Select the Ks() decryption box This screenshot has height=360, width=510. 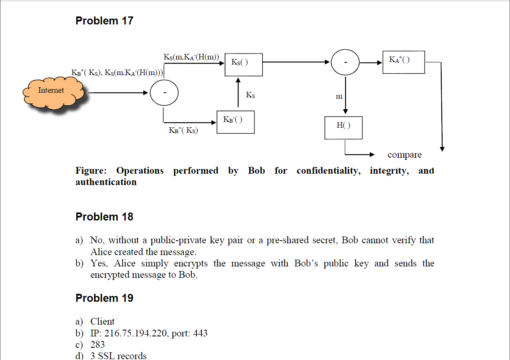coord(243,64)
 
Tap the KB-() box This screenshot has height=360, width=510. coord(235,122)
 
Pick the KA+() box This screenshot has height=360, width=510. coord(403,62)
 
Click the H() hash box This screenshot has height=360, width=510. coord(343,128)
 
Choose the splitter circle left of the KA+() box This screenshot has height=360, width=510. coord(345,62)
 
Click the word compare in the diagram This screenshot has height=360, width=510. coord(404,155)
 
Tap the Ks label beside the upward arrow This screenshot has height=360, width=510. coord(250,95)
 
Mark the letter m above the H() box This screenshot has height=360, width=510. coord(339,97)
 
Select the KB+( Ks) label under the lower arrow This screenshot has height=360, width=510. coord(183,130)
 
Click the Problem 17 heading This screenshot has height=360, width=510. coord(104,21)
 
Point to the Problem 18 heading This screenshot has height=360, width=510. coord(104,217)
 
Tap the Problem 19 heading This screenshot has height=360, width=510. coord(104,298)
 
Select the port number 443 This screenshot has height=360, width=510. coord(200,333)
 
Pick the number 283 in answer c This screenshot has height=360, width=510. coord(98,344)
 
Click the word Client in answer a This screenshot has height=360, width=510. coord(102,322)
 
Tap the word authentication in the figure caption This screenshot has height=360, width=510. coord(106,182)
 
